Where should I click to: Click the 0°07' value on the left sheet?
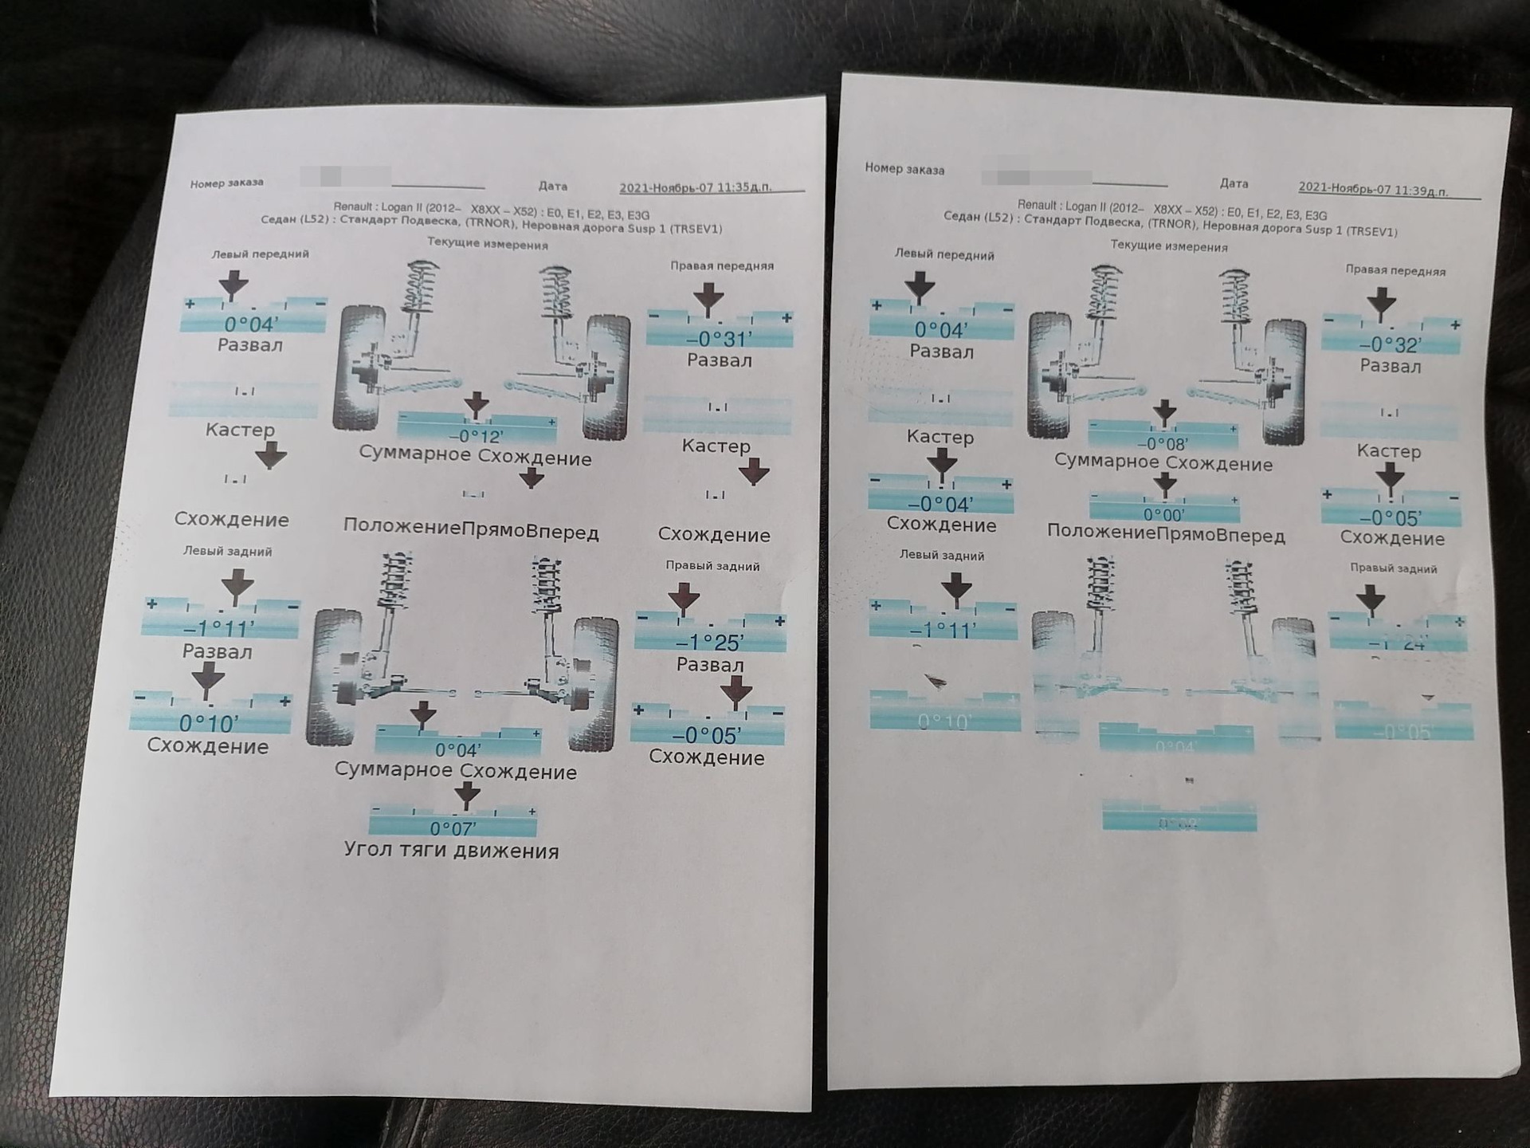coord(453,828)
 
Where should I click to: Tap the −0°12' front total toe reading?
coord(475,436)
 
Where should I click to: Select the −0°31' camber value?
coord(719,339)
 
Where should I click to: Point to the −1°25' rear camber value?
coord(709,642)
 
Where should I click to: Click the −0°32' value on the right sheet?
coord(1391,344)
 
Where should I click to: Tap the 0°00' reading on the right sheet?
coord(1163,515)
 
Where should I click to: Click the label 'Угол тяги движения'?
coord(451,851)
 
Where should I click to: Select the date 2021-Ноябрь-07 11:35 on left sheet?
coord(695,188)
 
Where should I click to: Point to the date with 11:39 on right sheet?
coord(1373,190)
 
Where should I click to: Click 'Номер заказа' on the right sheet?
coord(904,169)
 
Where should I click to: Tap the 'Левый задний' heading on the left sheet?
coord(227,551)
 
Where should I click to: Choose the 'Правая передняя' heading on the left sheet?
coord(721,265)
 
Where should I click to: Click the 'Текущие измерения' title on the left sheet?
coord(487,244)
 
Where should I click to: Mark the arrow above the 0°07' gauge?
coord(467,794)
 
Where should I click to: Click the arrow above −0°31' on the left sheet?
coord(708,299)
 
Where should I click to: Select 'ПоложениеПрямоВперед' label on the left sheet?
coord(471,531)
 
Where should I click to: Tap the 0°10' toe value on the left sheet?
coord(209,723)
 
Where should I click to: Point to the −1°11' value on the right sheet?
coord(942,631)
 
